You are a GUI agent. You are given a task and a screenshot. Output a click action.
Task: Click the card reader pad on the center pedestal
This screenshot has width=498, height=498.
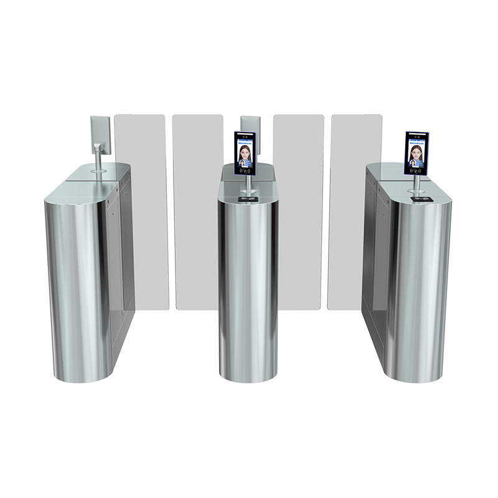click(248, 200)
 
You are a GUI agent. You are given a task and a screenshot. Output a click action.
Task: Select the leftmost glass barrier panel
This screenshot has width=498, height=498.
click(141, 205)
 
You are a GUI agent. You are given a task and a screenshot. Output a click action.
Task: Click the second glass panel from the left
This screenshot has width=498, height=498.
click(197, 212)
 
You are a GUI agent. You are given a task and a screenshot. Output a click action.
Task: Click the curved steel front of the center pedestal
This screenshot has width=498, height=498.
click(248, 286)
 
